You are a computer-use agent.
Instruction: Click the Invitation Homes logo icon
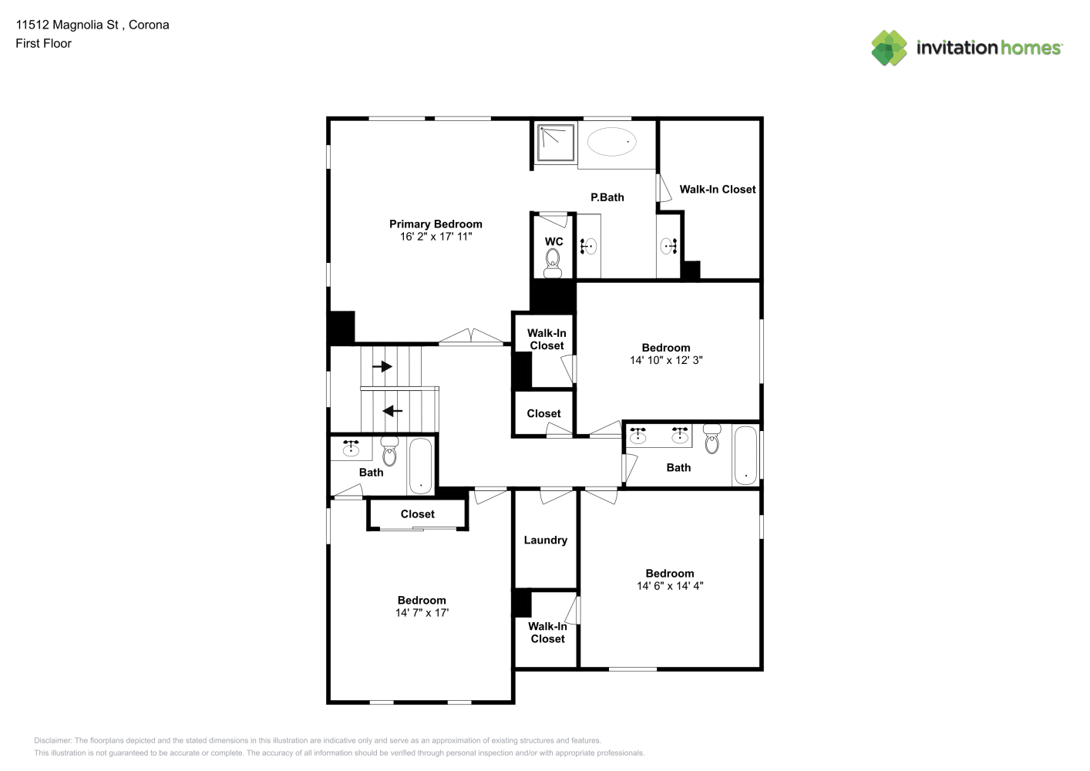point(889,48)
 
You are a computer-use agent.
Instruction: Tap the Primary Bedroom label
point(436,224)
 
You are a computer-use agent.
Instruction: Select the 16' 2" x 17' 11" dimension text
point(436,237)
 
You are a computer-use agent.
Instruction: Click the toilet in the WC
point(552,263)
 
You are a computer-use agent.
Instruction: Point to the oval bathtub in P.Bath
point(611,142)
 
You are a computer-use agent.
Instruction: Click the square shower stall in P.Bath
point(556,142)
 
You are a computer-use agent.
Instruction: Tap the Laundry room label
point(546,540)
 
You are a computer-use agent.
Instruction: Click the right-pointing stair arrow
point(382,366)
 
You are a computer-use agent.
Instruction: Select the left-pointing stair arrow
point(392,411)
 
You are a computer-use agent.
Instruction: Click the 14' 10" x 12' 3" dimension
point(666,360)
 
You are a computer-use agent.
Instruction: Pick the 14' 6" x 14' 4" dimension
point(670,585)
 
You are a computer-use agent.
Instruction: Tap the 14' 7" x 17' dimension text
point(422,613)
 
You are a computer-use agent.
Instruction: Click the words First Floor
point(43,43)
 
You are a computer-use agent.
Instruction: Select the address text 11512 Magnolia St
point(67,25)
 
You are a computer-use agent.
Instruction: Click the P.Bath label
point(607,197)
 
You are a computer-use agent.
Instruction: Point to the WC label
point(553,241)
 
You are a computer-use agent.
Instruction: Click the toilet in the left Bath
point(389,451)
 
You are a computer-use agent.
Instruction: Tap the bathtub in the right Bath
point(745,456)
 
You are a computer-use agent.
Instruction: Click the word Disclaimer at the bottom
point(52,740)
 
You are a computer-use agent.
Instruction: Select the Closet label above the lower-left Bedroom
point(418,514)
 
